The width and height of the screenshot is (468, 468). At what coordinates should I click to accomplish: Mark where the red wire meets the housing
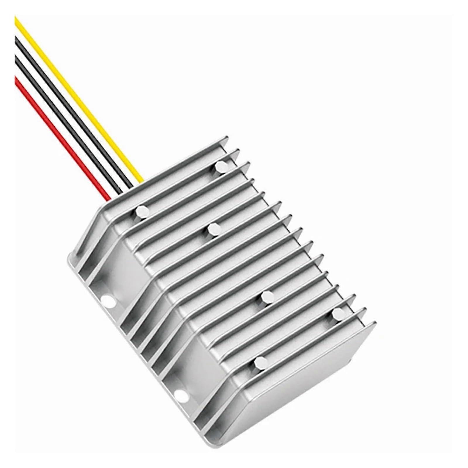pyautogui.click(x=109, y=199)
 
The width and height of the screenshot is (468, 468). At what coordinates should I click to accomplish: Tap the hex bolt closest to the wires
pyautogui.click(x=141, y=211)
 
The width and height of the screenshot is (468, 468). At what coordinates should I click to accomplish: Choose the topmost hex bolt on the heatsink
pyautogui.click(x=220, y=167)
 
